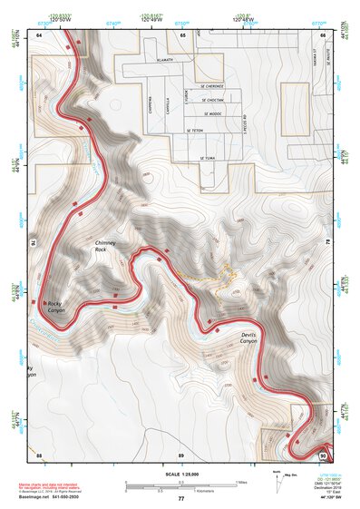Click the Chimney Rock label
[x=106, y=250]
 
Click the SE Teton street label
[x=196, y=131]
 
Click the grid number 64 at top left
[x=39, y=33]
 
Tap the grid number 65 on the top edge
[x=182, y=33]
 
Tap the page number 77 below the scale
[x=180, y=499]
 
